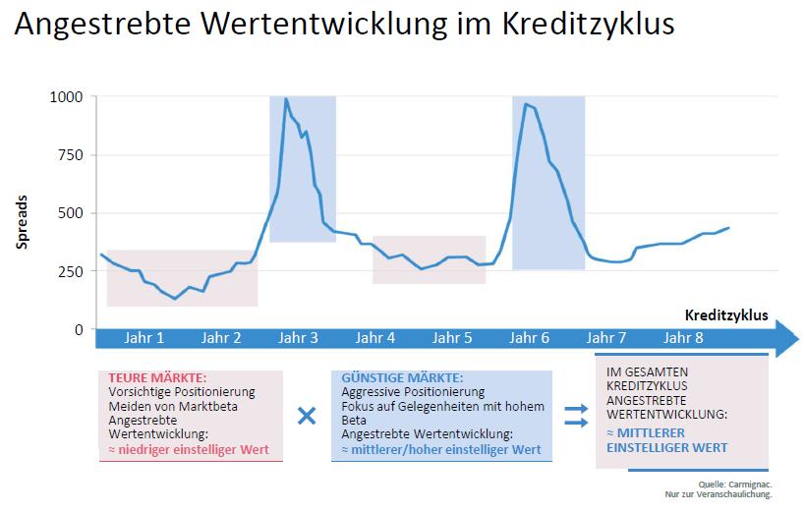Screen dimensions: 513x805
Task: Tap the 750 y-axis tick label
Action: pyautogui.click(x=72, y=155)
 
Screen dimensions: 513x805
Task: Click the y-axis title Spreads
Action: pyautogui.click(x=22, y=214)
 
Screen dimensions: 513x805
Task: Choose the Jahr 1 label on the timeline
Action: pyautogui.click(x=144, y=339)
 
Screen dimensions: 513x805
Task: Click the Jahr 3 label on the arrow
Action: pyautogui.click(x=298, y=339)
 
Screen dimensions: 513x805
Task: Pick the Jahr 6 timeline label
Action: pyautogui.click(x=531, y=339)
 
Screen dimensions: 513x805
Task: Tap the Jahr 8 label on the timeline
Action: pyautogui.click(x=683, y=339)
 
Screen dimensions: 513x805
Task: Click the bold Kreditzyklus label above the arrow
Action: pyautogui.click(x=725, y=316)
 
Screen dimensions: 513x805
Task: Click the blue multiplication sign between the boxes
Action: pyautogui.click(x=307, y=415)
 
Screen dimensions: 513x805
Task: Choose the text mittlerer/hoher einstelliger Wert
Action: pyautogui.click(x=446, y=450)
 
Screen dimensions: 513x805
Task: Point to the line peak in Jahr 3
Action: pyautogui.click(x=285, y=99)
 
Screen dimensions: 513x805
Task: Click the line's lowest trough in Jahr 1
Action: pyautogui.click(x=174, y=299)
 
